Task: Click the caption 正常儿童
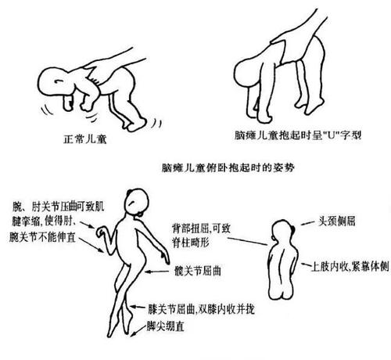[x=84, y=142]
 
